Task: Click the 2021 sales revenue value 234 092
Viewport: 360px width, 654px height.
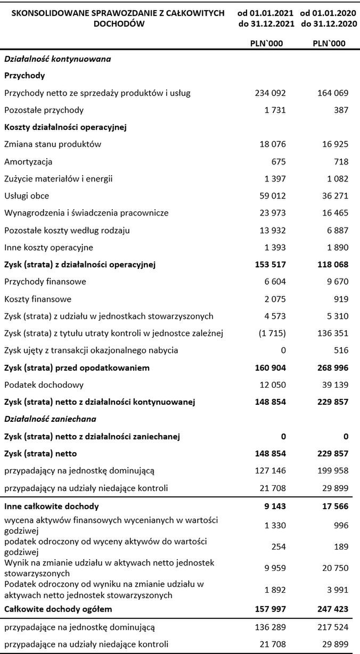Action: pos(271,93)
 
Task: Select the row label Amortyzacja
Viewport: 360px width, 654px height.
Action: pos(28,161)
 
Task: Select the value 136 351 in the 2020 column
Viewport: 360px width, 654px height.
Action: pos(333,333)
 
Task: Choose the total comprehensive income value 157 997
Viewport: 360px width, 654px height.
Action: pos(271,608)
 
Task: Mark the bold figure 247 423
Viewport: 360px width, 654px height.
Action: pos(333,608)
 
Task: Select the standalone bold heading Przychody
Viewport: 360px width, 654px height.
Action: pos(24,76)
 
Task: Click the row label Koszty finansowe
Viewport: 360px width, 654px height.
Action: pos(38,299)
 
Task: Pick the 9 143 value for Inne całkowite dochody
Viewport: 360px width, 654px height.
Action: pos(275,506)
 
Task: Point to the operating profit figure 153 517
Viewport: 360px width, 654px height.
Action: pos(271,265)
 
